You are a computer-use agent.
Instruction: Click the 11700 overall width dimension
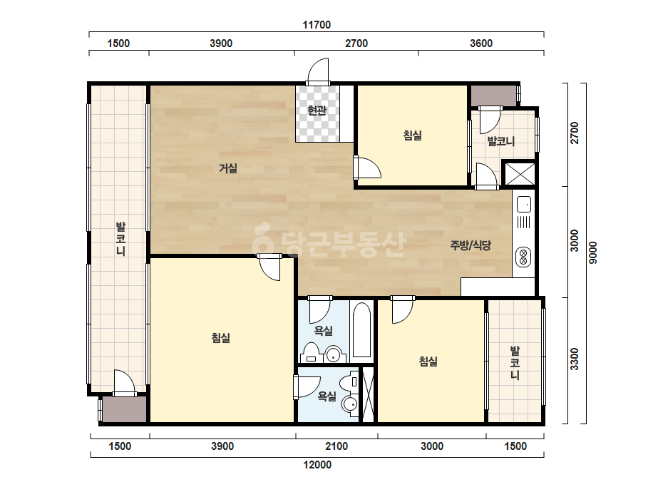(x=317, y=25)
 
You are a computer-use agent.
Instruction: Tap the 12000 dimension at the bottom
(x=317, y=465)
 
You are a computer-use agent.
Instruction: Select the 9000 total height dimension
(x=592, y=252)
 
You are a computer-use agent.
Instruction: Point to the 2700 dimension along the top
(x=356, y=43)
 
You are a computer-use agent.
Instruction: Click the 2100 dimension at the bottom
(x=336, y=446)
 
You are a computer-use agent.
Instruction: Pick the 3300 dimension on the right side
(x=575, y=359)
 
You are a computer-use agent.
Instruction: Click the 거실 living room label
(x=228, y=168)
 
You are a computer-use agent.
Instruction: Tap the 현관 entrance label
(x=317, y=111)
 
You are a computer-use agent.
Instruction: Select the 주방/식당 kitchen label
(x=471, y=245)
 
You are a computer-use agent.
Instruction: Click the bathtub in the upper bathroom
(x=362, y=330)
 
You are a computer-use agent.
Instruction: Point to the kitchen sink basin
(x=524, y=205)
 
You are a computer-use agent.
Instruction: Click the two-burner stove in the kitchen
(x=523, y=257)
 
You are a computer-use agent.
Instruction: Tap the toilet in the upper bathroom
(x=311, y=352)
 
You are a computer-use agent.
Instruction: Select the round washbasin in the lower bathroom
(x=349, y=404)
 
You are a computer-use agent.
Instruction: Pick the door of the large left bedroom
(x=269, y=267)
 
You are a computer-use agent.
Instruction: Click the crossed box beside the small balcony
(x=520, y=174)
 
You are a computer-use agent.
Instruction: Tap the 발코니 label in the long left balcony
(x=121, y=239)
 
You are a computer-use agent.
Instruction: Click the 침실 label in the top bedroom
(x=413, y=135)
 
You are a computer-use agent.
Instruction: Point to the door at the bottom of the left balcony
(x=125, y=383)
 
